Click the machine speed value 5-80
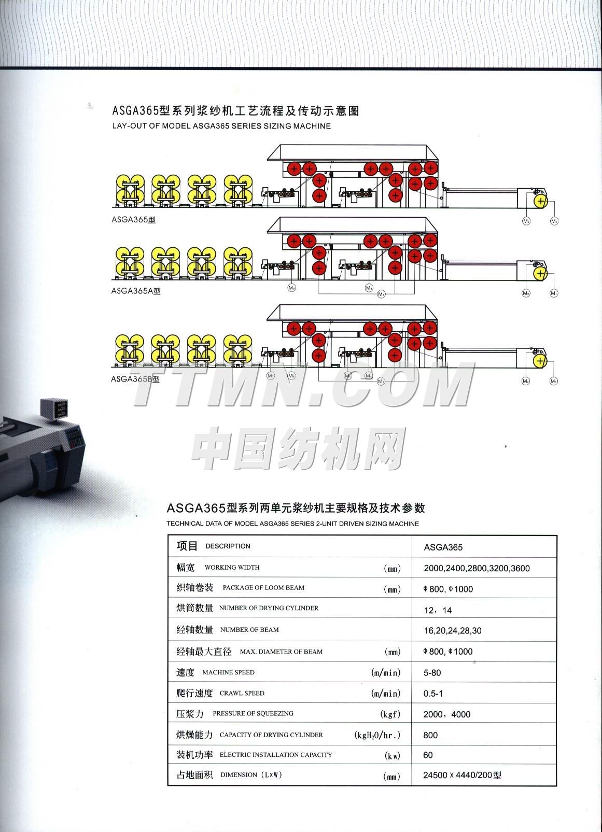pyautogui.click(x=432, y=673)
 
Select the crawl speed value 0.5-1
pyautogui.click(x=433, y=694)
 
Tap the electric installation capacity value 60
pyautogui.click(x=428, y=755)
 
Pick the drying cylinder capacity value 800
pyautogui.click(x=430, y=735)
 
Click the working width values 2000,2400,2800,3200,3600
pyautogui.click(x=477, y=568)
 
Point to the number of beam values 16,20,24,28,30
pyautogui.click(x=452, y=631)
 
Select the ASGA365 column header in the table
pyautogui.click(x=443, y=547)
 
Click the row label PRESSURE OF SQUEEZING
pyautogui.click(x=253, y=714)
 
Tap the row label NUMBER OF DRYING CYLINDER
pyautogui.click(x=269, y=608)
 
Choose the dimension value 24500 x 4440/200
pyautogui.click(x=462, y=776)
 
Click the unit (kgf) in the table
pyautogui.click(x=390, y=714)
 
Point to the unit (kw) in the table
pyautogui.click(x=393, y=756)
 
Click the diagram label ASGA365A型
pyautogui.click(x=136, y=291)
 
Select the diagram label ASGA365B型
pyautogui.click(x=135, y=379)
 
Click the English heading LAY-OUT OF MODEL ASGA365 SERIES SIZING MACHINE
pyautogui.click(x=221, y=126)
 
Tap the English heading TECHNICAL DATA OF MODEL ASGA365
pyautogui.click(x=292, y=524)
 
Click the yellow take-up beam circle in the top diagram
pyautogui.click(x=540, y=200)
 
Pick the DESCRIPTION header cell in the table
pyautogui.click(x=228, y=546)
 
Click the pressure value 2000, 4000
pyautogui.click(x=446, y=714)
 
